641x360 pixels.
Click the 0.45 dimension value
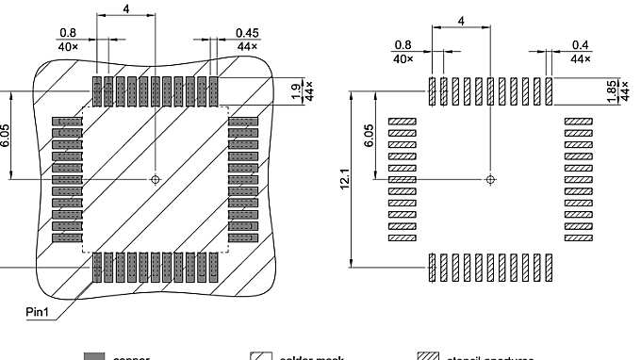click(x=247, y=33)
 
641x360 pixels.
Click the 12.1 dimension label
click(x=345, y=178)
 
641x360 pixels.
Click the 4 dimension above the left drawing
click(x=125, y=8)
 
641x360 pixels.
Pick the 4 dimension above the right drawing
click(x=461, y=20)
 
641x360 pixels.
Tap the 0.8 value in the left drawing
click(x=66, y=33)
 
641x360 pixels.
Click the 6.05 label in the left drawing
click(x=5, y=135)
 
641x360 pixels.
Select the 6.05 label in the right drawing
click(x=370, y=135)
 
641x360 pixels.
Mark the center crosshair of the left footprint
click(x=156, y=178)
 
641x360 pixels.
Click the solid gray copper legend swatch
click(x=93, y=357)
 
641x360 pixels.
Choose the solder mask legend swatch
click(x=261, y=357)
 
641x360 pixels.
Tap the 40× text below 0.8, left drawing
click(x=66, y=45)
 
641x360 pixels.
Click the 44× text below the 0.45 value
click(x=247, y=45)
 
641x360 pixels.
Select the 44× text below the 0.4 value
click(x=581, y=57)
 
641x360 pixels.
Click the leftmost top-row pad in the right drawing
click(x=433, y=91)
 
